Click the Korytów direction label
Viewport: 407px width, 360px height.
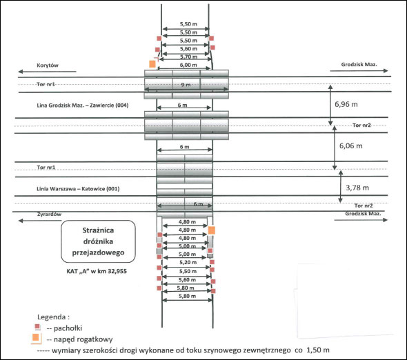(48, 65)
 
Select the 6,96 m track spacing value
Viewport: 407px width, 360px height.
(346, 104)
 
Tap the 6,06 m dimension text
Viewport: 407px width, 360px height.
(351, 146)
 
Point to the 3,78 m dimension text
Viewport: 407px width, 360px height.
(357, 188)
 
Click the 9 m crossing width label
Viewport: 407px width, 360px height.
(186, 85)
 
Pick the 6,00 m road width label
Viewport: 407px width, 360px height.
(188, 65)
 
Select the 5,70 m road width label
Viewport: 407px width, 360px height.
(188, 57)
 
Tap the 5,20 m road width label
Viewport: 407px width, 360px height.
(188, 262)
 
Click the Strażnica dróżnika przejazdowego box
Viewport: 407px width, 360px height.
(98, 241)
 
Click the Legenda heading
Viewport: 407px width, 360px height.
(54, 317)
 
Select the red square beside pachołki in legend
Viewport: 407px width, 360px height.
(37, 326)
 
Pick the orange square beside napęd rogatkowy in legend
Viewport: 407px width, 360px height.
(36, 337)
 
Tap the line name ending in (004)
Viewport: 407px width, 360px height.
(83, 105)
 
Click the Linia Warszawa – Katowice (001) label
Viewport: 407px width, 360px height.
(78, 189)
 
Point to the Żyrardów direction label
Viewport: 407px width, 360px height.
(49, 214)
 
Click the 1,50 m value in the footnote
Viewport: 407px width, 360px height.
(318, 350)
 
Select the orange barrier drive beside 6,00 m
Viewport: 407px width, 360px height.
(152, 64)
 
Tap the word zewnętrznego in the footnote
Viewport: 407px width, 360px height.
(268, 350)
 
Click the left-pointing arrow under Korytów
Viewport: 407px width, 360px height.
(47, 72)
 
